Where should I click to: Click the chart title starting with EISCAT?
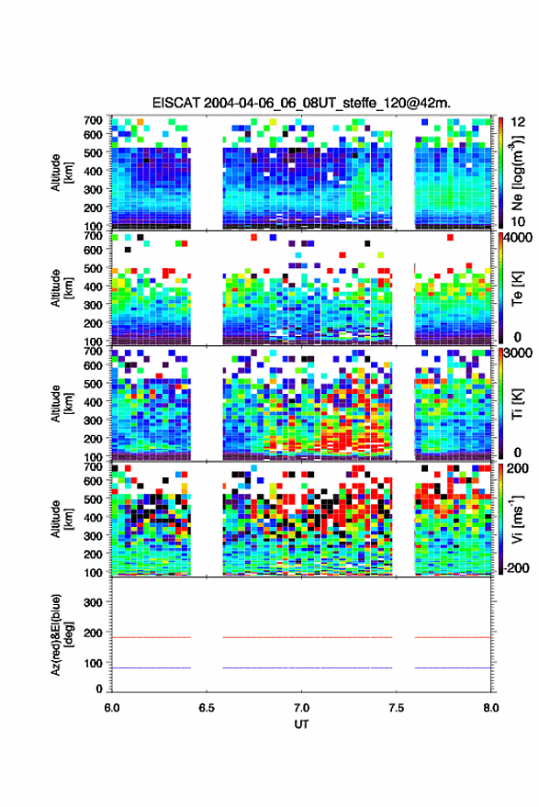301,103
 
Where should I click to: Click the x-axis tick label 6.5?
207,708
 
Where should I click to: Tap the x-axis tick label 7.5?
396,708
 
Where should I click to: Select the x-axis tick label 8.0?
490,708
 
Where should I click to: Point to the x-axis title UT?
301,724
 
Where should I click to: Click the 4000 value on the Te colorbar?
518,239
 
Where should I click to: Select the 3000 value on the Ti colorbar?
518,353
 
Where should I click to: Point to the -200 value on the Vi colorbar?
516,567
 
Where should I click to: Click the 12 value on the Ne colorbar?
518,122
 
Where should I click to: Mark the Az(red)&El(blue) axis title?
61,634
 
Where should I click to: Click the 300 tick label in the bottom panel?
93,602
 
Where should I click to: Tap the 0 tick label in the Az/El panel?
99,689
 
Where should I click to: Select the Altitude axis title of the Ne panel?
61,173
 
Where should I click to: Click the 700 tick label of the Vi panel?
93,466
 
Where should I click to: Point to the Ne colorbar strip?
501,173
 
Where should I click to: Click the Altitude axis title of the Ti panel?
61,404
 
